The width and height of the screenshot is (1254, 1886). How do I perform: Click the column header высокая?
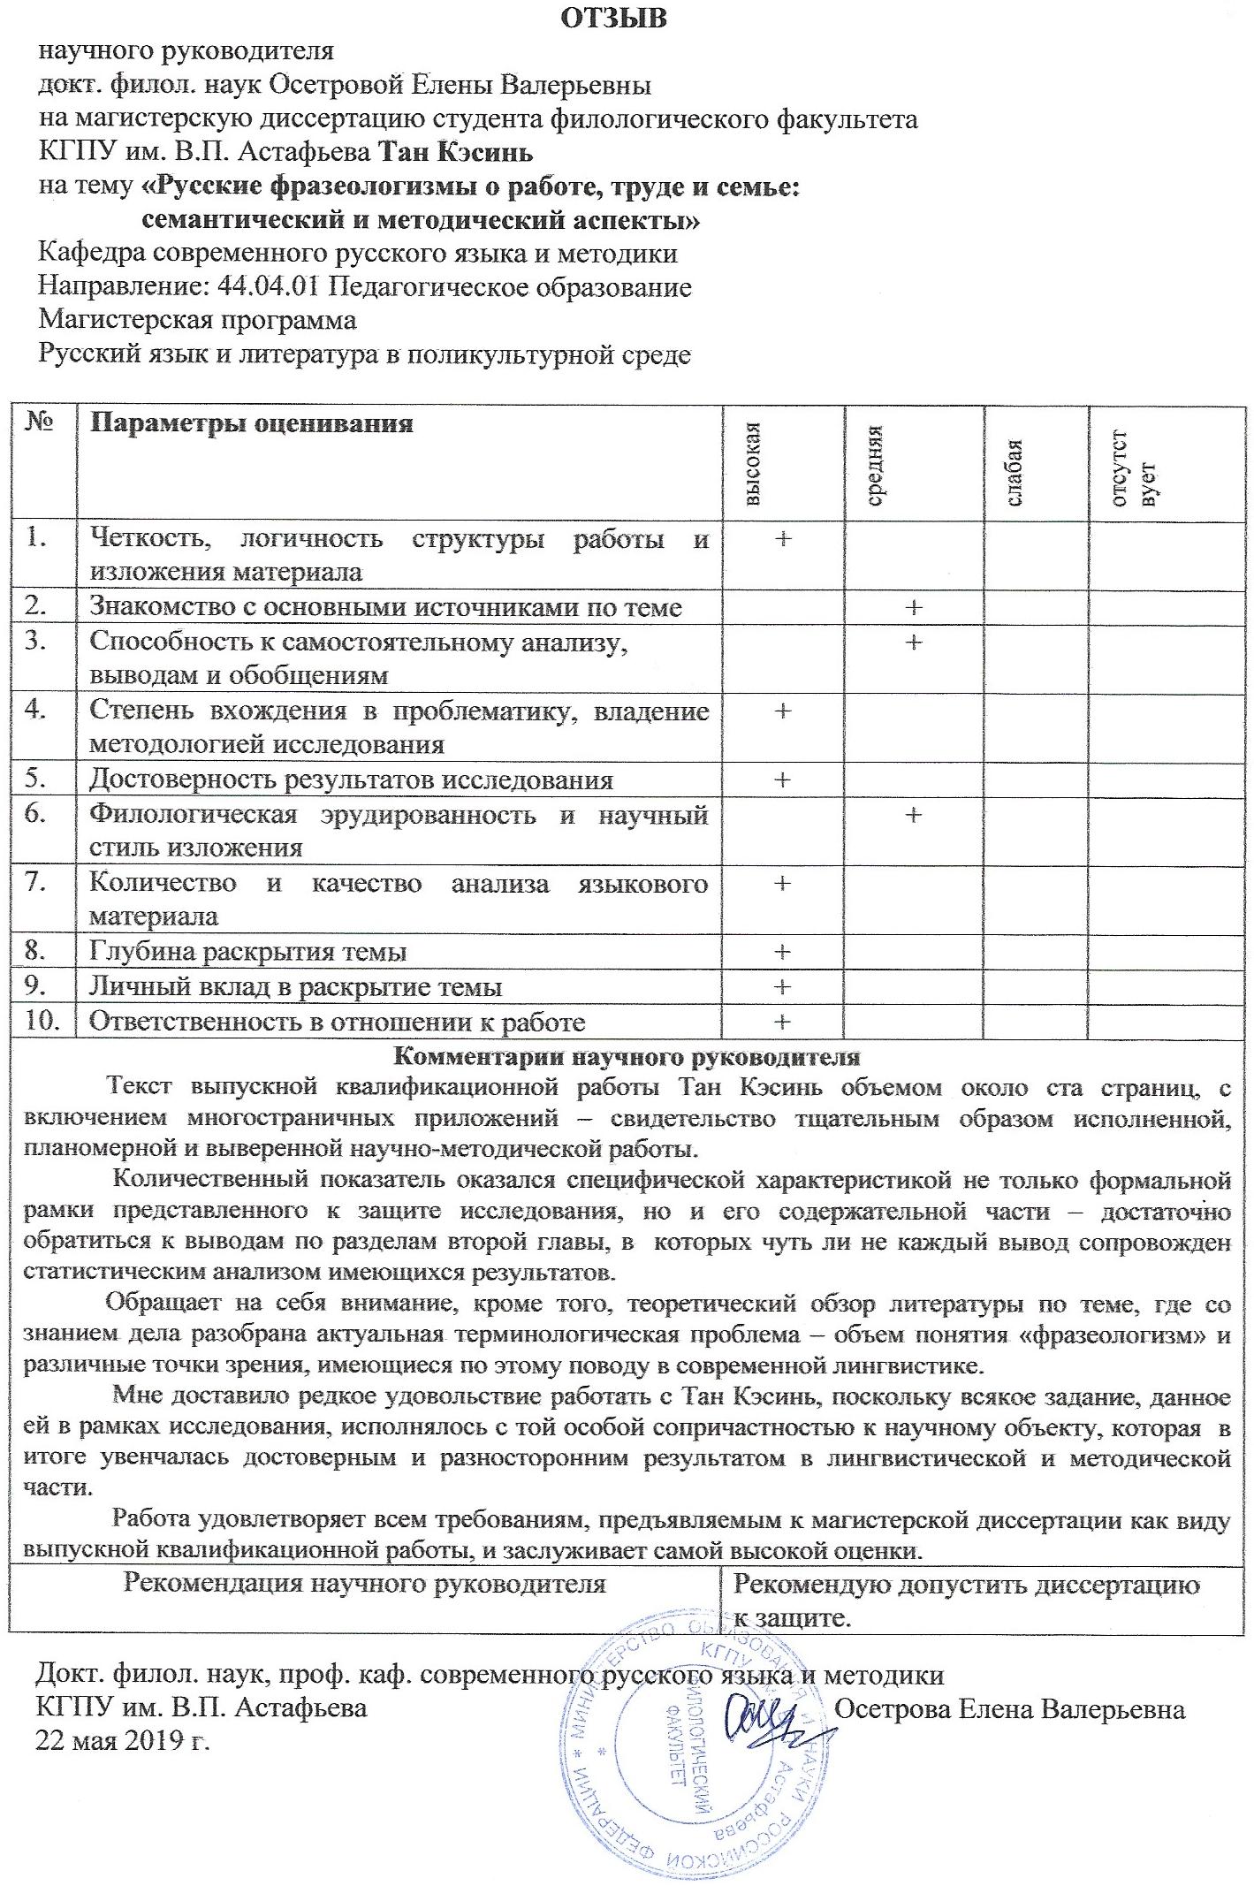click(x=752, y=463)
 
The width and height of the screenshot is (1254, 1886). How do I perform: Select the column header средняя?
click(x=876, y=464)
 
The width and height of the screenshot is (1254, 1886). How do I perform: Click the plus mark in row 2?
click(x=913, y=607)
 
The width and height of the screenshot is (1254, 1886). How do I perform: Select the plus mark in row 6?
click(x=913, y=814)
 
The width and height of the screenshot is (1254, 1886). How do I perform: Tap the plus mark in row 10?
click(x=781, y=1022)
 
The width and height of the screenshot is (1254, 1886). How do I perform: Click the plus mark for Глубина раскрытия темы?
click(x=781, y=952)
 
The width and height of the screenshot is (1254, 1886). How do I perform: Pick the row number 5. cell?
click(x=35, y=779)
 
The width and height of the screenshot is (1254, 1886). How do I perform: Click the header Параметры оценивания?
click(x=252, y=423)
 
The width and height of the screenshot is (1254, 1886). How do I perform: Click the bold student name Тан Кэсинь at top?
click(x=455, y=153)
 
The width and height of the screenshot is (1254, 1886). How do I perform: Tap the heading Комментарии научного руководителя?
click(x=626, y=1056)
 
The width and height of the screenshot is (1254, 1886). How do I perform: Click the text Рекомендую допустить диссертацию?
click(x=966, y=1585)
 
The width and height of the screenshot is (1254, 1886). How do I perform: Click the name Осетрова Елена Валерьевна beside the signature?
click(x=1009, y=1708)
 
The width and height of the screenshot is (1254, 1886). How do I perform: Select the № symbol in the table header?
click(x=39, y=422)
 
